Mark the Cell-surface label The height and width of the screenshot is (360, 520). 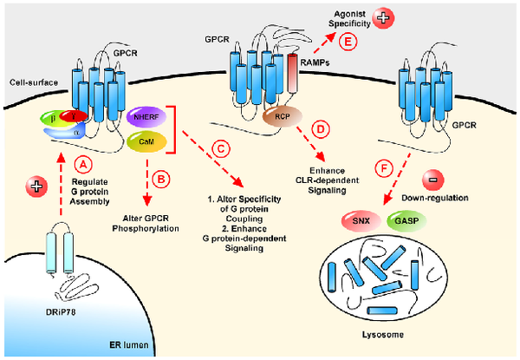tap(32, 83)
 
